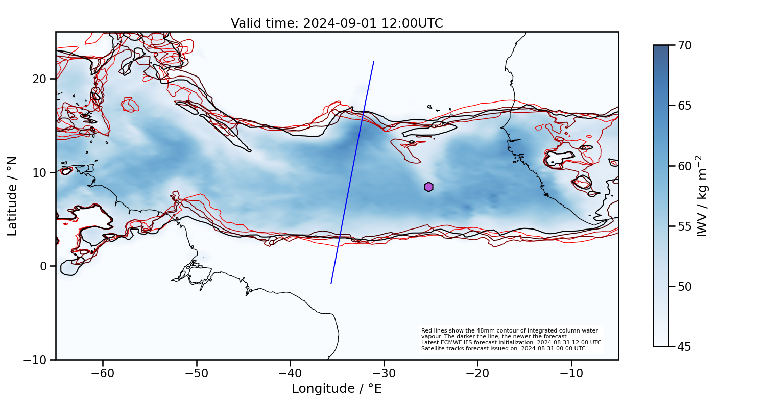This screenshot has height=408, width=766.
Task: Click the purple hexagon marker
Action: tap(428, 187)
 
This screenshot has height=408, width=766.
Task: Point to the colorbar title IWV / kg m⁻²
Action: tap(703, 196)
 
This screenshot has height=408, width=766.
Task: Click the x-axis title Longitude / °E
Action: tap(337, 389)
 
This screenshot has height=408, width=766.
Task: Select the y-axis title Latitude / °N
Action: tap(13, 196)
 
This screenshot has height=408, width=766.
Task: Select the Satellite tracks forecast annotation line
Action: tap(503, 349)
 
